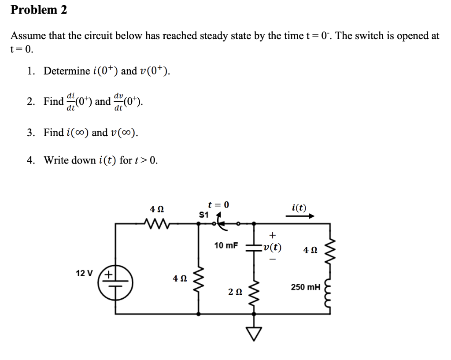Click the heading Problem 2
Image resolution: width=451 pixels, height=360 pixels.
(39, 10)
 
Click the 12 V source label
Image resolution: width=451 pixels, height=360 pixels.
(85, 273)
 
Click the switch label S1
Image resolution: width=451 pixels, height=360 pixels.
(203, 215)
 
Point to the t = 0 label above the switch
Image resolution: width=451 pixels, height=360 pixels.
(219, 205)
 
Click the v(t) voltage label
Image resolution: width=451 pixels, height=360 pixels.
(273, 247)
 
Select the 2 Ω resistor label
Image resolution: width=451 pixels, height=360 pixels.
(235, 292)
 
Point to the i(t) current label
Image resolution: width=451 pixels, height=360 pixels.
(299, 208)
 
